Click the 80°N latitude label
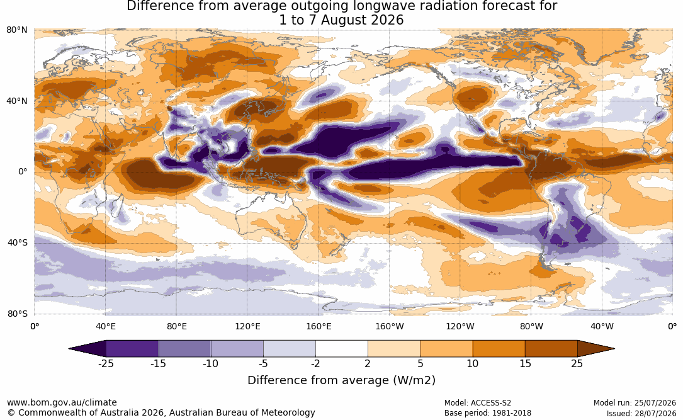tap(17, 30)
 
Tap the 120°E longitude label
tap(247, 326)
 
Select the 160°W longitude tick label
tap(390, 326)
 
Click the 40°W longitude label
tap(602, 326)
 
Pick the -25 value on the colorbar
tap(106, 363)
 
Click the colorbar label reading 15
tap(525, 363)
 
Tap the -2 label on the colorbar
tap(315, 363)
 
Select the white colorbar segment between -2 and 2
tap(342, 349)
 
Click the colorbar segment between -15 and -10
tap(184, 349)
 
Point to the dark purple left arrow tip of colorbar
tap(70, 349)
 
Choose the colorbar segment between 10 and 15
tap(499, 349)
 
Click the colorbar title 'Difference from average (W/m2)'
tap(341, 380)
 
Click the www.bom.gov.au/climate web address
tap(62, 402)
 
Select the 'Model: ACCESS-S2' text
tap(477, 403)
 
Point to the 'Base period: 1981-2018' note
tap(487, 413)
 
